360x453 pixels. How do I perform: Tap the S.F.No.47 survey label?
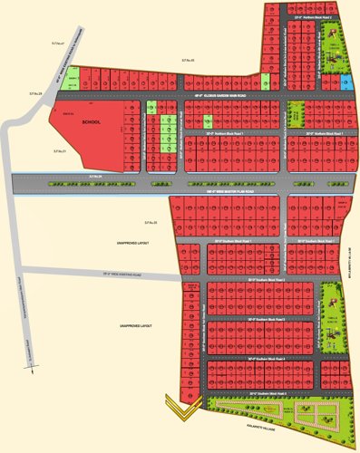pos(59,43)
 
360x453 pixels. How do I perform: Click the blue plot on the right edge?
pos(345,82)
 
